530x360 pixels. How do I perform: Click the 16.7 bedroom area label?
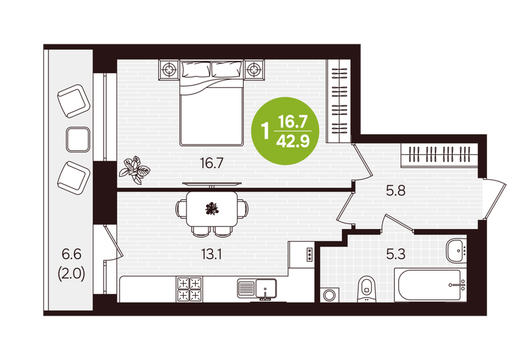[212, 163]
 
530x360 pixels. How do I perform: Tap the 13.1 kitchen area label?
[211, 255]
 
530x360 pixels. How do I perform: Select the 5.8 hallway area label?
[396, 191]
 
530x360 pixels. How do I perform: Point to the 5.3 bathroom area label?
[396, 254]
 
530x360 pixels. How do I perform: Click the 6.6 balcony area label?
[71, 254]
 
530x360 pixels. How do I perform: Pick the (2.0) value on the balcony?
[71, 274]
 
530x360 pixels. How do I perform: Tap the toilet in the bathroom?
[367, 289]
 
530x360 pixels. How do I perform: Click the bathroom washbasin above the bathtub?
[456, 251]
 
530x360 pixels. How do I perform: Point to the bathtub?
[430, 285]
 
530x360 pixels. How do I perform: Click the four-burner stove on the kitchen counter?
[189, 289]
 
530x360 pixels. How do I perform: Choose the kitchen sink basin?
[266, 288]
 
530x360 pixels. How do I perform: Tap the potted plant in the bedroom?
[135, 170]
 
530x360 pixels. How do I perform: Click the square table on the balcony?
[78, 139]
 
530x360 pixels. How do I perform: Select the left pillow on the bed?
[196, 69]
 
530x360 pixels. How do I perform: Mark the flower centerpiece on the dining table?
[212, 208]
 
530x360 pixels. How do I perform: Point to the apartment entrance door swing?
[495, 199]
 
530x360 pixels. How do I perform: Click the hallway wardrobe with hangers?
[439, 155]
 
